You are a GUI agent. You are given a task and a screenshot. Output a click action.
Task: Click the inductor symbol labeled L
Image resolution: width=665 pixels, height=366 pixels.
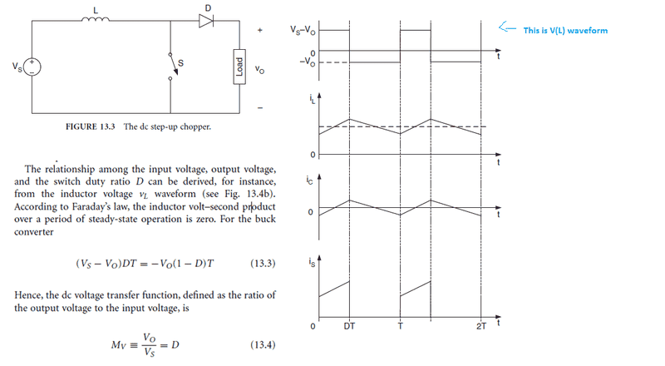96,19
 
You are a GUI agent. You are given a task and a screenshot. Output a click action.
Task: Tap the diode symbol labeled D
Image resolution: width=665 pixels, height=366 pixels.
206,21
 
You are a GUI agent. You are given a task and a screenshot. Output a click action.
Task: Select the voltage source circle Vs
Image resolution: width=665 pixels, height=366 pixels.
32,67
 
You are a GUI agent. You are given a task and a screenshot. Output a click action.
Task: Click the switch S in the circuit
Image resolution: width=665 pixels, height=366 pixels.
173,66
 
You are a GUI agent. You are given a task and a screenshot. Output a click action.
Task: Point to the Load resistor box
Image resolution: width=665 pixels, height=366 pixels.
239,67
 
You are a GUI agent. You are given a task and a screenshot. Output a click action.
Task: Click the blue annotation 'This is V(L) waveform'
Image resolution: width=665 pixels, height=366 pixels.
565,31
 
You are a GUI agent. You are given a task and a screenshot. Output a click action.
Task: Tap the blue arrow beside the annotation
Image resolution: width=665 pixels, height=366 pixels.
507,28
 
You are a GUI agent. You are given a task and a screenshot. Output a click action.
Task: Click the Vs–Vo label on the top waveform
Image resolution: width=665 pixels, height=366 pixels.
303,30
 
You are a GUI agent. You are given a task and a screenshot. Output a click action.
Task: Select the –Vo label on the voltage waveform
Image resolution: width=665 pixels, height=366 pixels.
307,62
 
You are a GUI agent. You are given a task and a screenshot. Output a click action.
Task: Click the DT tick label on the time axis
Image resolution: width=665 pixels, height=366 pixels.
349,326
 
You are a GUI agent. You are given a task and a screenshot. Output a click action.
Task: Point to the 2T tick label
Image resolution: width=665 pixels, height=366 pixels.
481,326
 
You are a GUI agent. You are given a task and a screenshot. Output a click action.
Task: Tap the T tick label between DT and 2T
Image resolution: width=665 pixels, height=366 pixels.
400,326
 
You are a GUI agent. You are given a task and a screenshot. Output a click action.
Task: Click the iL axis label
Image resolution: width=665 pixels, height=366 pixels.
313,99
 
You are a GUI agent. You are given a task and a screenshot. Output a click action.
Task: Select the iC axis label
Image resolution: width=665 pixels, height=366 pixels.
309,181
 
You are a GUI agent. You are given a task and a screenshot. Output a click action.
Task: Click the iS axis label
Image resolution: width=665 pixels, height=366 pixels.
313,262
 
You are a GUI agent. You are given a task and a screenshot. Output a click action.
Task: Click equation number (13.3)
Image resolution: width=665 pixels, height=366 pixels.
263,263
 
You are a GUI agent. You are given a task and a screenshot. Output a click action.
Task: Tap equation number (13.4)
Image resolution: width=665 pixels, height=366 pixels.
263,344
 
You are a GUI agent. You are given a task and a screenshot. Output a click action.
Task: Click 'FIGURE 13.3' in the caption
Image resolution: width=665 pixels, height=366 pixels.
91,126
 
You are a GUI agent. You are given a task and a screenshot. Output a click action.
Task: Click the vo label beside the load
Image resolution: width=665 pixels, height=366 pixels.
259,69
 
